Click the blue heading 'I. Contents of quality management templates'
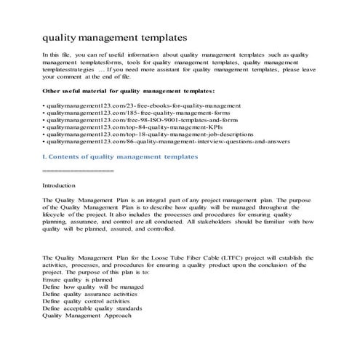119,156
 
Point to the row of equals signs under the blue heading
78,170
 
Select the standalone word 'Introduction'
59,185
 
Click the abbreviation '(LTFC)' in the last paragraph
229,257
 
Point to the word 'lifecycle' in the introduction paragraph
57,215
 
